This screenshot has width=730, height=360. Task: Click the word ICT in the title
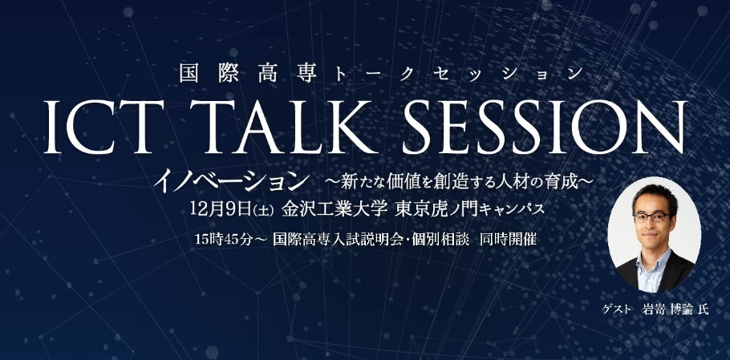point(103,127)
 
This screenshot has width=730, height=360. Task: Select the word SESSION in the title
point(545,127)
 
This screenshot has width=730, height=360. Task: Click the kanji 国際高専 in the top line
point(248,74)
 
